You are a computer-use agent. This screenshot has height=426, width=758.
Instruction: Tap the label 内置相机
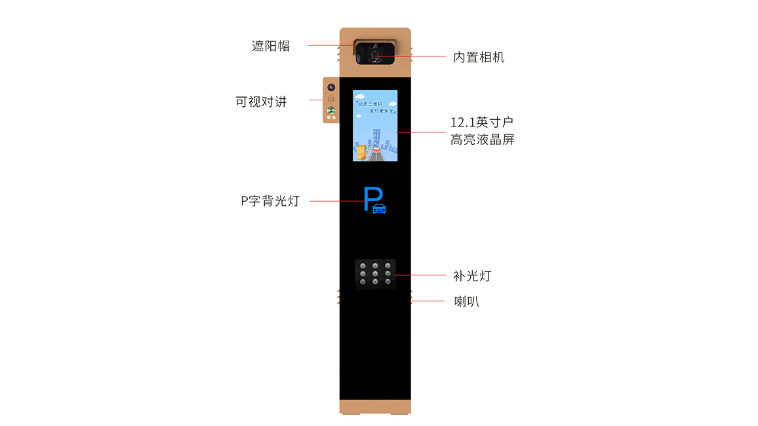[478, 58]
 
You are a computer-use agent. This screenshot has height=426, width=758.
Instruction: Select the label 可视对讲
[261, 103]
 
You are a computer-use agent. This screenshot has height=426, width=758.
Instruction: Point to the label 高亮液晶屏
[482, 139]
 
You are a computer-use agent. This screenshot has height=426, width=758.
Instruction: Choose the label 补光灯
[471, 276]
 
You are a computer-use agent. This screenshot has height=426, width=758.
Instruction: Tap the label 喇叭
[467, 301]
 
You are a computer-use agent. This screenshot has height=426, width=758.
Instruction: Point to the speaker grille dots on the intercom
[332, 99]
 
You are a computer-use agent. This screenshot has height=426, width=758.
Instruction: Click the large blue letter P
[371, 196]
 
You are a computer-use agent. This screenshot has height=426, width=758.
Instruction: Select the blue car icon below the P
[379, 209]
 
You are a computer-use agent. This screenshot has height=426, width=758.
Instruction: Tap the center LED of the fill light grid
[374, 273]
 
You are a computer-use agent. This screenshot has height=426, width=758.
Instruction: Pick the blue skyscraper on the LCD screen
[377, 139]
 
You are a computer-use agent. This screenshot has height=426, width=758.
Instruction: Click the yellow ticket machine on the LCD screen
[359, 150]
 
